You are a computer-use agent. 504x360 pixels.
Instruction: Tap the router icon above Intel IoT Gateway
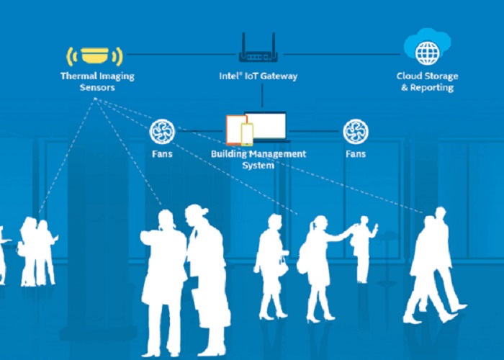(258, 51)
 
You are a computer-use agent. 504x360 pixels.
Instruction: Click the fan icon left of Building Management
(161, 132)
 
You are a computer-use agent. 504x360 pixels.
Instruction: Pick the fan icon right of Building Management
(355, 132)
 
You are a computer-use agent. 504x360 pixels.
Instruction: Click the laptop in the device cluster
(266, 127)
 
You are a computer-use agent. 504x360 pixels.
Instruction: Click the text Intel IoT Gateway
(258, 76)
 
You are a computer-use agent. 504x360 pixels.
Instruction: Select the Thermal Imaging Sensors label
(97, 81)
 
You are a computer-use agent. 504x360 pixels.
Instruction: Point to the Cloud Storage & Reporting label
(426, 81)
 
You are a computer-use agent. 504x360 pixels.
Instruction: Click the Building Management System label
(258, 159)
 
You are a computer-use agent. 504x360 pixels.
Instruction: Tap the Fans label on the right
(355, 154)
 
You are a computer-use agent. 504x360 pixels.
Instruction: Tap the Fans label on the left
(161, 154)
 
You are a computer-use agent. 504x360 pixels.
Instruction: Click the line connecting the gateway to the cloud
(338, 53)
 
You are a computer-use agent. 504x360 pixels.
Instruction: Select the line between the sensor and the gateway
(180, 53)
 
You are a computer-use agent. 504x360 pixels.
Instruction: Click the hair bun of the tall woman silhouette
(204, 211)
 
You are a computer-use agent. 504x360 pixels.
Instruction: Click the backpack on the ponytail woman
(303, 256)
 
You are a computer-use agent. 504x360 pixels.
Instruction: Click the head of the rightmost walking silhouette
(440, 214)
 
